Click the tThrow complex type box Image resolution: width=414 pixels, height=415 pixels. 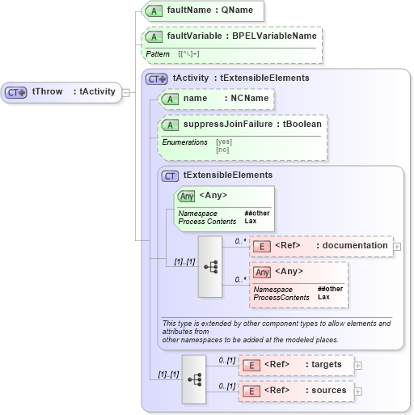coord(61,92)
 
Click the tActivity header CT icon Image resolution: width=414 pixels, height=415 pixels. coord(156,78)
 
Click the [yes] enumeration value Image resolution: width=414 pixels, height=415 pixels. coord(224,142)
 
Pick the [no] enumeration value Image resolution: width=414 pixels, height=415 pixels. coord(222,150)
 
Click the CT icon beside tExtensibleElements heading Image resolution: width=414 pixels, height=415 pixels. coord(170,176)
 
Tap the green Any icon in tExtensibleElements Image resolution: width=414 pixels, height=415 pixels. coord(186,196)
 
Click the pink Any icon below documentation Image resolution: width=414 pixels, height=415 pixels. coord(262,272)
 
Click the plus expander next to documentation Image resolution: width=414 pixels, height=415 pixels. coord(397,247)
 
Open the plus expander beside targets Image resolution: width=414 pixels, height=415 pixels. coord(358,366)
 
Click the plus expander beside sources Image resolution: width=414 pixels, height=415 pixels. coord(358,391)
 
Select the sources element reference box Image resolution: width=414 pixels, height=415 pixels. coord(297,391)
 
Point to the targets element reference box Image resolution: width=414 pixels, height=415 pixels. coord(297,366)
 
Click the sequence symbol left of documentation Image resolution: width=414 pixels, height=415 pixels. coord(210,266)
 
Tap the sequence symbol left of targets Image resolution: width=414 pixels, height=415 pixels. coord(194,378)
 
